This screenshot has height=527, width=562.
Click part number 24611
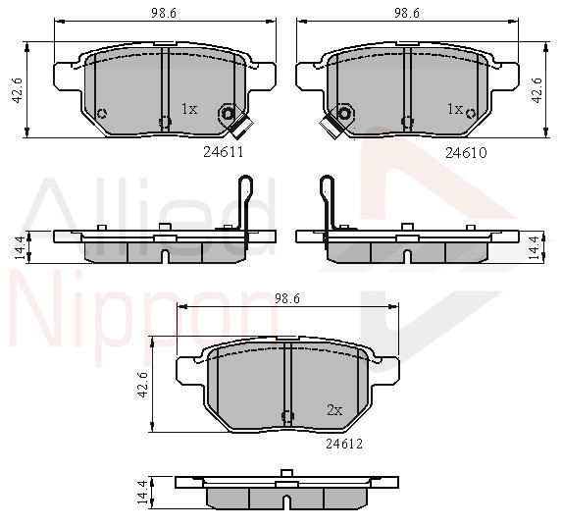click(x=224, y=152)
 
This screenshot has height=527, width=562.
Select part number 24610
click(x=466, y=153)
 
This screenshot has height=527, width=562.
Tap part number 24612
click(x=344, y=445)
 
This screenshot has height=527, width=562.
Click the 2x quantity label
click(x=334, y=409)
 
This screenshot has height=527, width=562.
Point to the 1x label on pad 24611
click(x=189, y=108)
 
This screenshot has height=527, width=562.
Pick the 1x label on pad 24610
click(x=455, y=108)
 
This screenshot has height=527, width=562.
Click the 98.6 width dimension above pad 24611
click(x=164, y=14)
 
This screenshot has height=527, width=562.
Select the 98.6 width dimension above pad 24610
click(x=407, y=14)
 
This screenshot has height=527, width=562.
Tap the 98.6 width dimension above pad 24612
click(x=287, y=298)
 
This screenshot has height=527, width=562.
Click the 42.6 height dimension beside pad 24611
click(x=18, y=90)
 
